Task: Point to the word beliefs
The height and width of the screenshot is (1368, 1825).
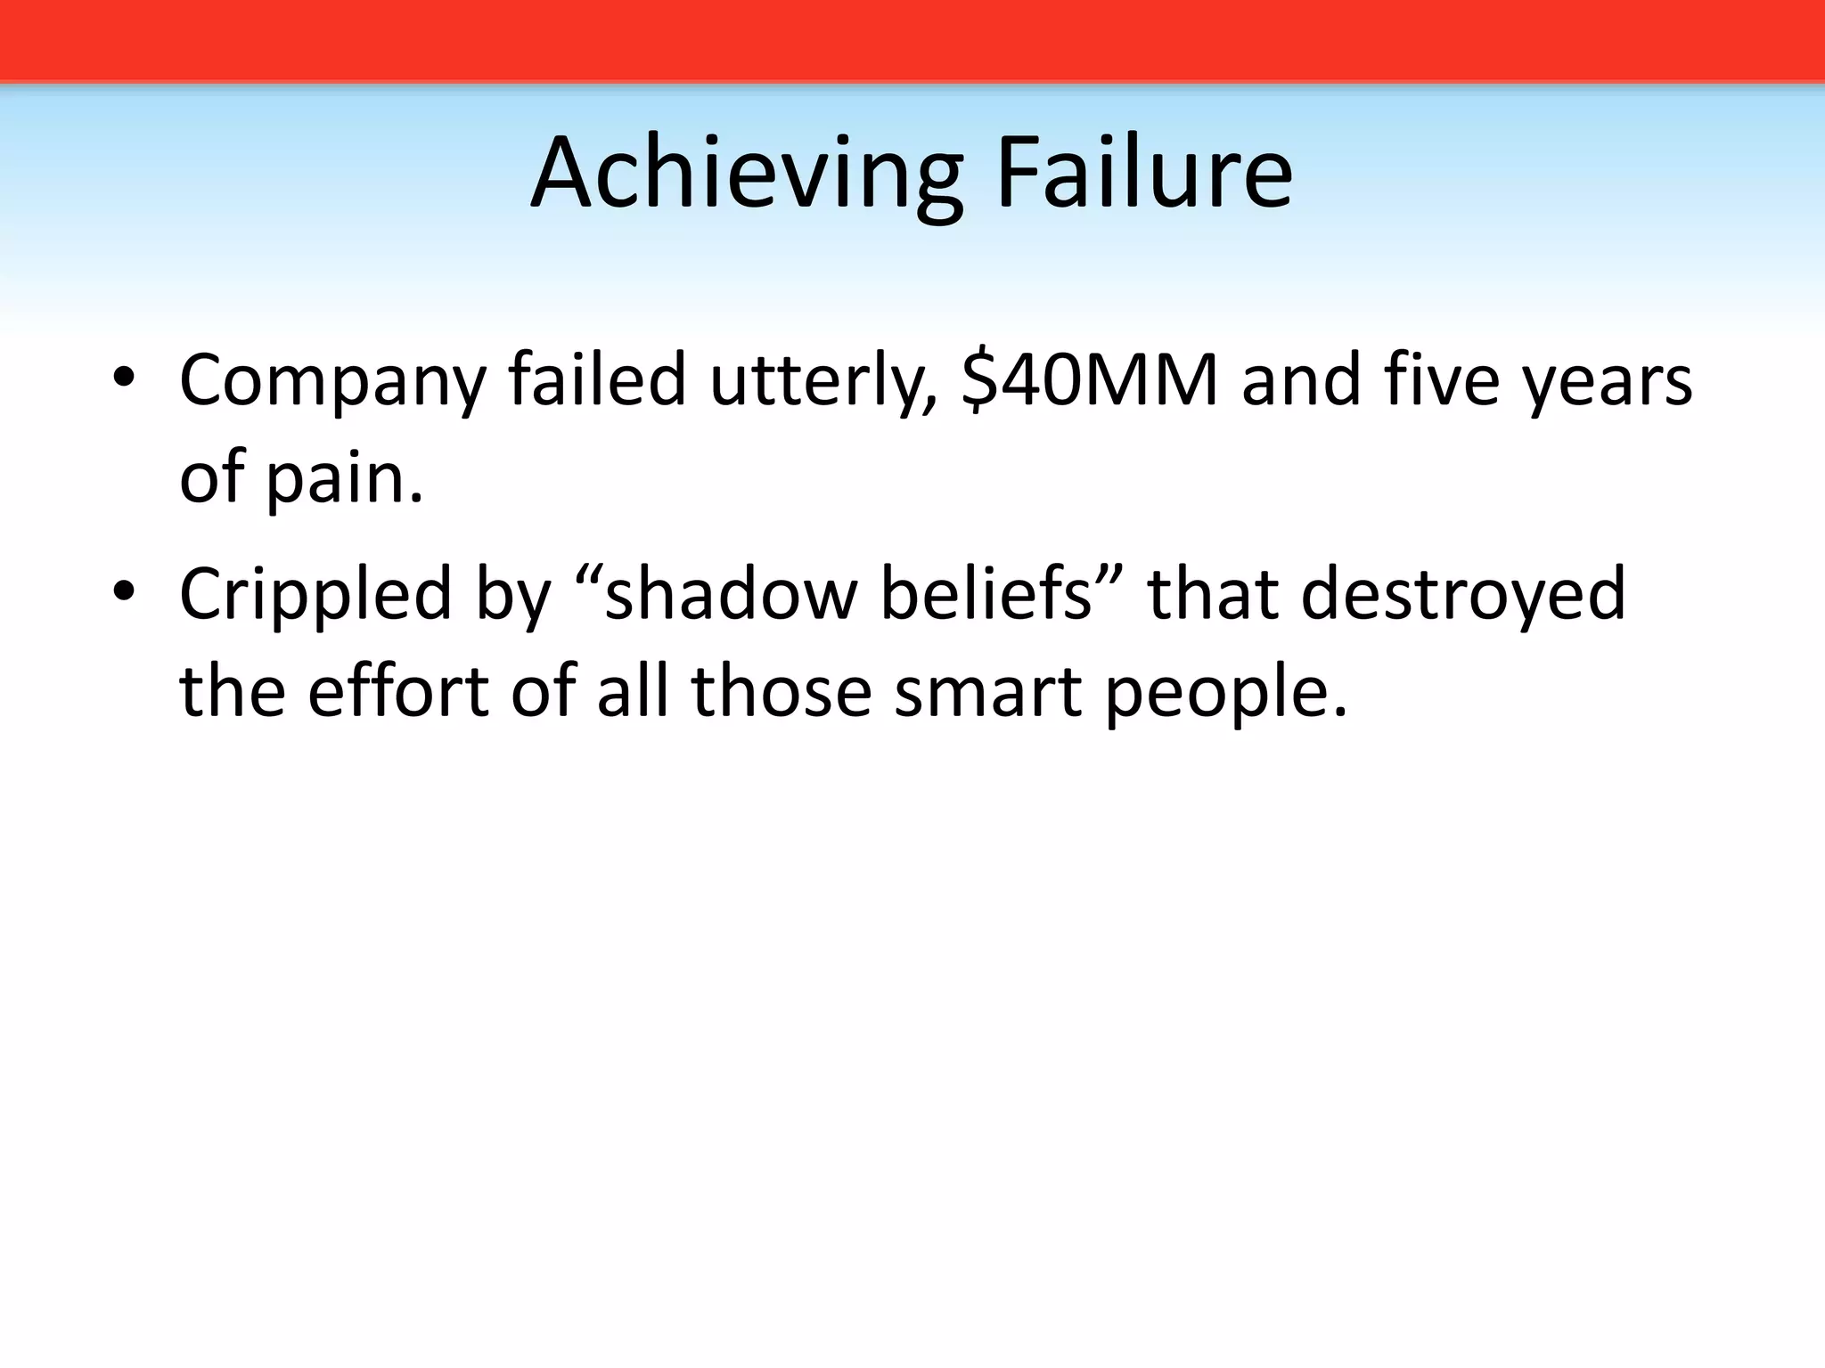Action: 986,593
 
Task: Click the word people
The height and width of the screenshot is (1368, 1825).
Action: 1224,693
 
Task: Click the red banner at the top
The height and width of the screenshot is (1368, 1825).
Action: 912,40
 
